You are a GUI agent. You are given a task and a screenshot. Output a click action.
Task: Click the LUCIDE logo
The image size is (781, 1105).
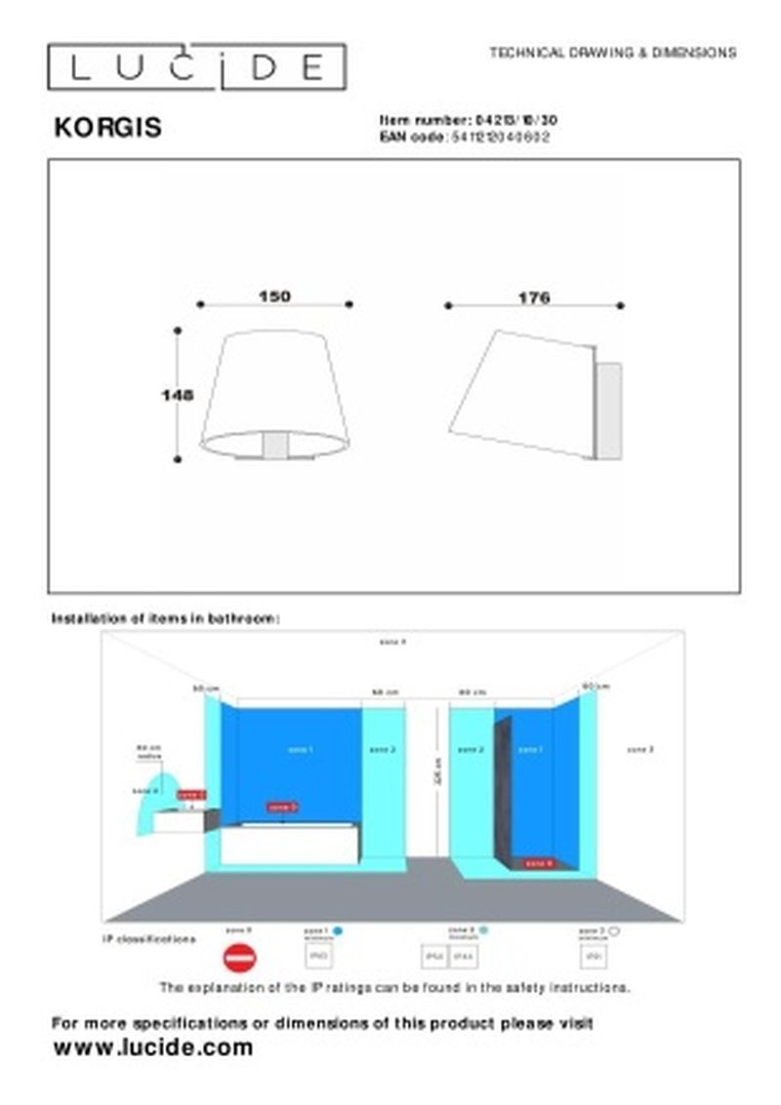pos(196,67)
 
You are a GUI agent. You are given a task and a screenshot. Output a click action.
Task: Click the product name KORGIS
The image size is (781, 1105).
pos(107,128)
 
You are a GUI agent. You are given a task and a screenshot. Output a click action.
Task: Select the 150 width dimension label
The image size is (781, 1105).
pos(274,296)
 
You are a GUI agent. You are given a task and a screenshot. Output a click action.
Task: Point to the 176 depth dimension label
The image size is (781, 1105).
pos(534,297)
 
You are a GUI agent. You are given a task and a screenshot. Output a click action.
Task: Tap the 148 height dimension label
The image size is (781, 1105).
pos(177,395)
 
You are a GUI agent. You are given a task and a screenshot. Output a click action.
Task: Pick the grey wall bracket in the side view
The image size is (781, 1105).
pos(608,411)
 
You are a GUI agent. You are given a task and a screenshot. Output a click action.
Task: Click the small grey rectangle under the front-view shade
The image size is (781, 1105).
pos(276,447)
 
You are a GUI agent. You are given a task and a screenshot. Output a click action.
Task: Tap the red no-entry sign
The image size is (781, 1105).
pos(238,960)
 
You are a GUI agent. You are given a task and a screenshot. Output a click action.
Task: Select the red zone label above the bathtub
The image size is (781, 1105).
pos(282,807)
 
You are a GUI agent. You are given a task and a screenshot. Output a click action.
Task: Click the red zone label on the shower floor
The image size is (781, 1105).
pos(539,862)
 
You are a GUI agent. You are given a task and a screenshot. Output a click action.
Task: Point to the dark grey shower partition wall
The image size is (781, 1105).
pos(503,790)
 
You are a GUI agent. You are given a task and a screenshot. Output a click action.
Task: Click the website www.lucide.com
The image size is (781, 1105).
pos(152,1048)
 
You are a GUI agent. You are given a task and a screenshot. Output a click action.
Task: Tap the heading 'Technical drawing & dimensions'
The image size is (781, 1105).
pos(612,53)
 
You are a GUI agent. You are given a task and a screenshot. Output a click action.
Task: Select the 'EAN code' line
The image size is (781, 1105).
pos(464,138)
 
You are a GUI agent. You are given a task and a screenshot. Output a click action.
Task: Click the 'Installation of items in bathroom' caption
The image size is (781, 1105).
pos(166,618)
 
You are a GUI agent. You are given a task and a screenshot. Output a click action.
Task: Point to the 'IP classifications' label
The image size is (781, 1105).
pos(148,939)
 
